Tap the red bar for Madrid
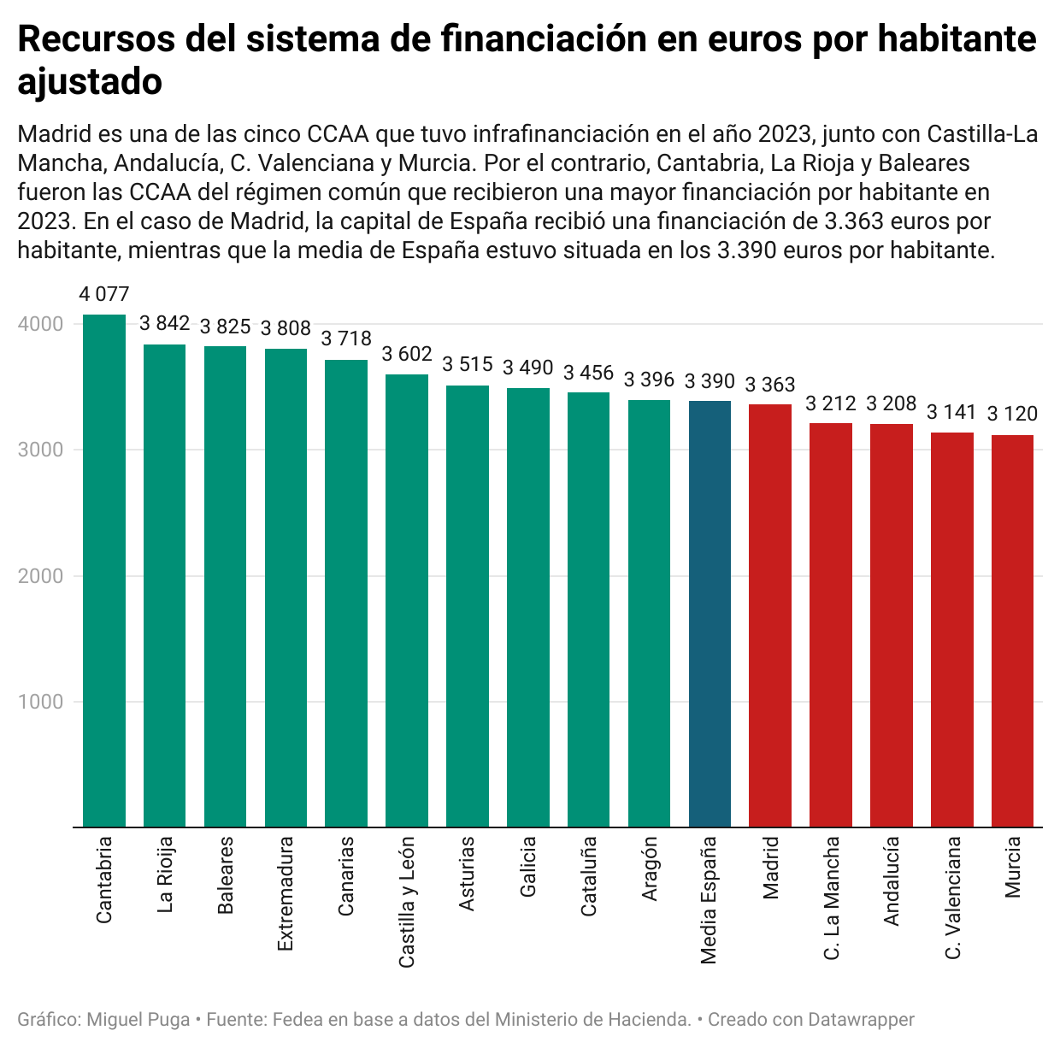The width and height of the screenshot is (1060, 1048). [770, 615]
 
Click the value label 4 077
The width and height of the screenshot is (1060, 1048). [104, 295]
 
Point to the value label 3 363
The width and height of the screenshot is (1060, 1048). [770, 385]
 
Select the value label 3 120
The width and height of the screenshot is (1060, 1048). [1012, 415]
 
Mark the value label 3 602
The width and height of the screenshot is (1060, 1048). [407, 355]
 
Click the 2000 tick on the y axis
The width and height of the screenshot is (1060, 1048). [40, 576]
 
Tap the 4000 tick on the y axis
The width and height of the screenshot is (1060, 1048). [40, 325]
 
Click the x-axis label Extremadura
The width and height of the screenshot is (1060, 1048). [286, 893]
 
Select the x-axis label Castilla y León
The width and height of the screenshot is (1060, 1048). [407, 902]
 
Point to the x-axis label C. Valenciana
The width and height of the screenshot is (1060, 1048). [952, 898]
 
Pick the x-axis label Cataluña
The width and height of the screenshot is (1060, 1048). [588, 876]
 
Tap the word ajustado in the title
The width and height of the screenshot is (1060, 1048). [90, 82]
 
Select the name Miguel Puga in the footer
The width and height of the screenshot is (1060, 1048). [138, 1020]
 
